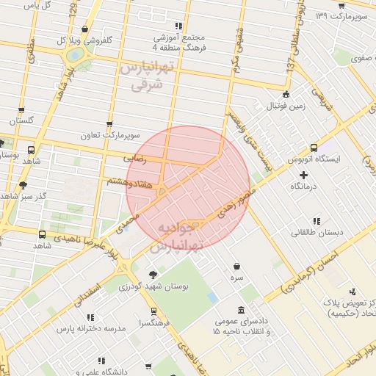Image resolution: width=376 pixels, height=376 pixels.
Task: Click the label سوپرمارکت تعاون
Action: tap(110, 136)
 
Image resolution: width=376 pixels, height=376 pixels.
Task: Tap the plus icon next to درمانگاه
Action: tap(304, 175)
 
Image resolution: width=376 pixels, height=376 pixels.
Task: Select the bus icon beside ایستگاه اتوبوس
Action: tap(314, 148)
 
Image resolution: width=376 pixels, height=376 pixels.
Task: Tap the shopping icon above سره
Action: tap(236, 267)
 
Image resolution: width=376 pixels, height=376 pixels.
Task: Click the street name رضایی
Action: tap(139, 158)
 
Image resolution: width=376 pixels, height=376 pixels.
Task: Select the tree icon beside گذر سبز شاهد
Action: tap(23, 185)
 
